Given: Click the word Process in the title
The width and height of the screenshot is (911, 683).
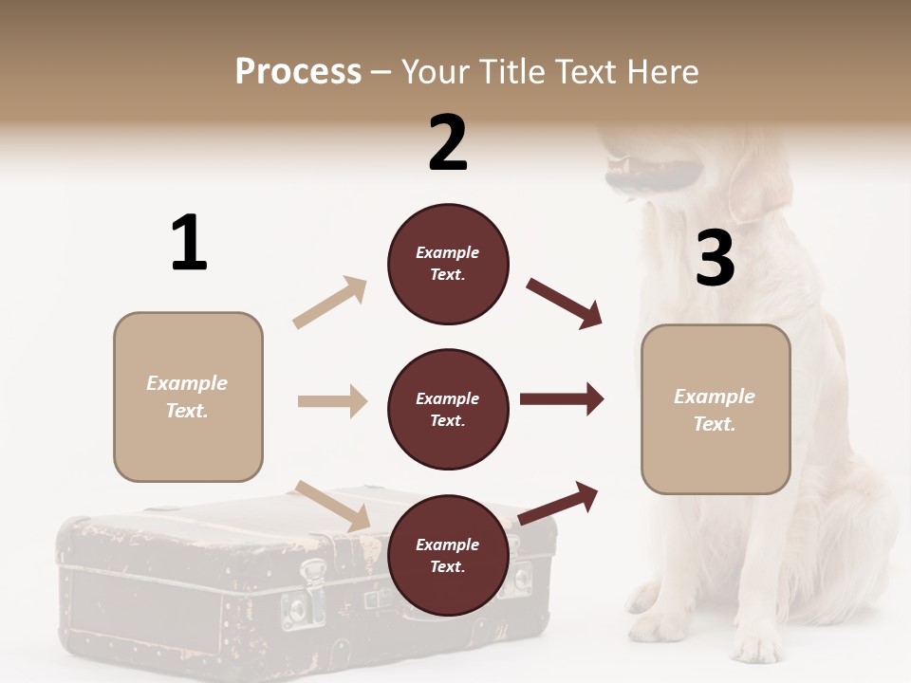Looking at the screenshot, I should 298,71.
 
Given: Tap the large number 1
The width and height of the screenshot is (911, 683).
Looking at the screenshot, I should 189,243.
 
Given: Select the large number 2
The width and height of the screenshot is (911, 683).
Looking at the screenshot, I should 448,142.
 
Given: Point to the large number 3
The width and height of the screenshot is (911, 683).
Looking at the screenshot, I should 715,259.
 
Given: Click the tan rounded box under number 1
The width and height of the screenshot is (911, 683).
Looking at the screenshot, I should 188,397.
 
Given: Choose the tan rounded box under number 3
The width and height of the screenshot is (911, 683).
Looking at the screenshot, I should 716,410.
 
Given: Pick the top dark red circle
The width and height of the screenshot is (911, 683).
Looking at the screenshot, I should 448,264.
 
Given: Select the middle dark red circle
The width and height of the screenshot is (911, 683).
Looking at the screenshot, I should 448,410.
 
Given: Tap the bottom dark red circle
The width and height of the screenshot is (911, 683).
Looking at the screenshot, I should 448,556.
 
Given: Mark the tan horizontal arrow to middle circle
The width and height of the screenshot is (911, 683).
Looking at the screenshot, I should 332,401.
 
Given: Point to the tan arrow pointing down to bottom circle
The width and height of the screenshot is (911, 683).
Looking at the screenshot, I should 333,506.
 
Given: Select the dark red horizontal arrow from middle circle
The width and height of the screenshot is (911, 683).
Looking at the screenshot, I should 561,399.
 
